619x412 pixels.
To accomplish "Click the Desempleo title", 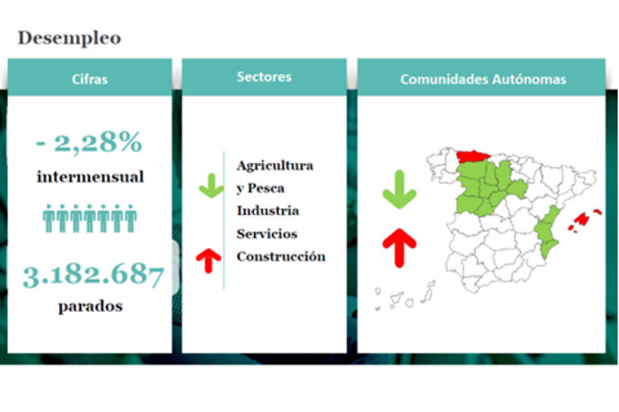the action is pyautogui.click(x=69, y=38).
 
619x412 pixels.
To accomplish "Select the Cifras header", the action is pyautogui.click(x=89, y=79).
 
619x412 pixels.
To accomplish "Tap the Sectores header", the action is pyautogui.click(x=264, y=77).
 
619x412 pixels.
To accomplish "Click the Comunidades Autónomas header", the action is pyautogui.click(x=483, y=79).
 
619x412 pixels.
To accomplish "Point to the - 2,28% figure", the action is pyautogui.click(x=89, y=142).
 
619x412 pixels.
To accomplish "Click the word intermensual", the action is pyautogui.click(x=90, y=177).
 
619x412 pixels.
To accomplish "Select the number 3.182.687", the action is pyautogui.click(x=93, y=275).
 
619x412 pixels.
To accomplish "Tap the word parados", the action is pyautogui.click(x=90, y=306).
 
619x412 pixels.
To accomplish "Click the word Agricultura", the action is pyautogui.click(x=275, y=166).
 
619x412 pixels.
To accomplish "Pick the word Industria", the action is pyautogui.click(x=268, y=211).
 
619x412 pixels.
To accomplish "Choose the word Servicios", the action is pyautogui.click(x=267, y=233).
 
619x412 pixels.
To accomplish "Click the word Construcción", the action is pyautogui.click(x=281, y=257).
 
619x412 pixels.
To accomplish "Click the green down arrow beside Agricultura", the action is pyautogui.click(x=211, y=186).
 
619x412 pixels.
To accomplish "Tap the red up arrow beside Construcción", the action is pyautogui.click(x=208, y=261).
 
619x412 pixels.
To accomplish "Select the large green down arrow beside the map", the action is pyautogui.click(x=400, y=190).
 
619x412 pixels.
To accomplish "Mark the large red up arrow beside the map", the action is pyautogui.click(x=400, y=248).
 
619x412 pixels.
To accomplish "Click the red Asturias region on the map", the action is pyautogui.click(x=472, y=156).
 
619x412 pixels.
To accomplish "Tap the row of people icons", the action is pyautogui.click(x=89, y=218).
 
